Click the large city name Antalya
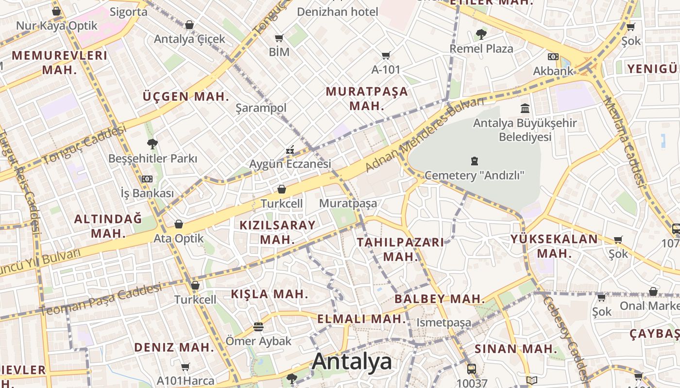click(x=352, y=362)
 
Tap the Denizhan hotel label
click(x=338, y=12)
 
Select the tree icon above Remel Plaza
click(x=481, y=34)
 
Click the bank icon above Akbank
click(x=553, y=57)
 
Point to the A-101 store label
click(x=386, y=69)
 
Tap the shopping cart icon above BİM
click(x=279, y=38)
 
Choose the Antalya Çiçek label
click(x=189, y=39)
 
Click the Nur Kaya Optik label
click(x=57, y=26)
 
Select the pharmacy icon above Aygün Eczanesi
click(x=290, y=150)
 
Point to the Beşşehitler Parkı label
click(x=153, y=159)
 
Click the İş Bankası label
click(x=147, y=193)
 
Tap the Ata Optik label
click(x=179, y=239)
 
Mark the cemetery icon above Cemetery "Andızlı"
click(x=474, y=161)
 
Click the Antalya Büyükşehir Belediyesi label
click(x=525, y=129)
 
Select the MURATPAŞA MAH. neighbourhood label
click(x=367, y=98)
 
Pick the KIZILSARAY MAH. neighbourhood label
click(x=277, y=232)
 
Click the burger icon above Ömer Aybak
click(x=258, y=327)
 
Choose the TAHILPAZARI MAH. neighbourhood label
click(x=400, y=249)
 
